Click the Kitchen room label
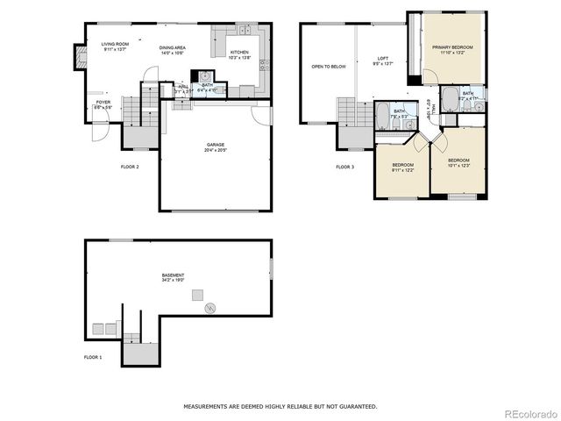click(x=239, y=53)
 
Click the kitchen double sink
click(x=242, y=32)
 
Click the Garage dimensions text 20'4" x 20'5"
click(x=216, y=149)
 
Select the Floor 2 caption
click(x=130, y=166)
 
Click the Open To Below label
click(x=329, y=67)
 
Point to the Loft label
click(x=383, y=60)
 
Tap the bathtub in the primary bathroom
click(x=450, y=97)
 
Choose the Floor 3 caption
click(x=345, y=167)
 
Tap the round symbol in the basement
click(x=209, y=308)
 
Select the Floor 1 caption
click(x=93, y=358)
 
